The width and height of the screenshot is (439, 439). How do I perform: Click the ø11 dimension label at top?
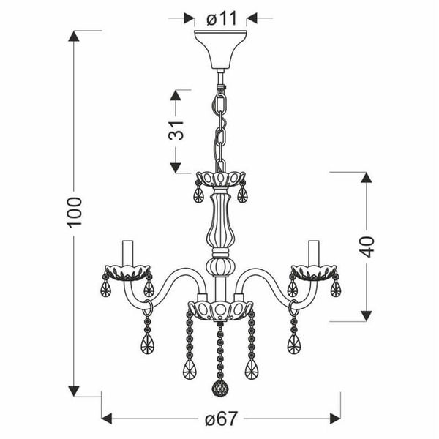pyautogui.click(x=221, y=19)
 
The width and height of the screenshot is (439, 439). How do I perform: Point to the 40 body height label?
pyautogui.click(x=368, y=246)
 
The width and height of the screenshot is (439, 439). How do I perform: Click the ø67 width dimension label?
pyautogui.click(x=220, y=419)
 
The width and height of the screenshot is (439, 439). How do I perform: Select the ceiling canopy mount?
pyautogui.click(x=220, y=47)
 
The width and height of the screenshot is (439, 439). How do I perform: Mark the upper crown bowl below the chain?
pyautogui.click(x=220, y=179)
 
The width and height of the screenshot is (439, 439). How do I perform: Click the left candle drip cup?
pyautogui.click(x=126, y=274)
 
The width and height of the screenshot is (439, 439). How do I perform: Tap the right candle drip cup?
pyautogui.click(x=315, y=274)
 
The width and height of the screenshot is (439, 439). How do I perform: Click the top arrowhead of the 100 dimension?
pyautogui.click(x=74, y=35)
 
